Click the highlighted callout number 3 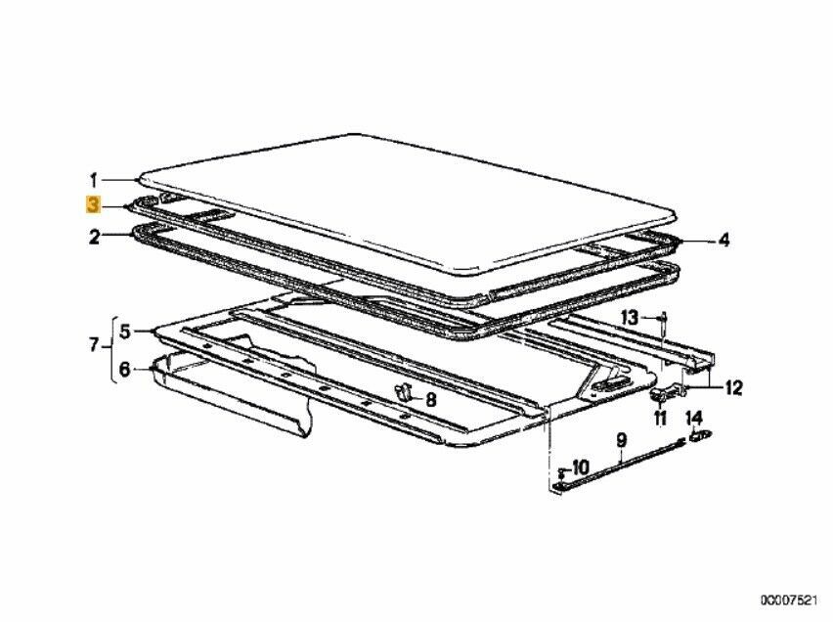click(x=93, y=204)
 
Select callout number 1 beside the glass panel click(x=94, y=181)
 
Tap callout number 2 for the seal click(x=94, y=237)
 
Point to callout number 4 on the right click(x=723, y=241)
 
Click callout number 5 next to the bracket click(x=124, y=332)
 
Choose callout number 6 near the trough click(x=124, y=369)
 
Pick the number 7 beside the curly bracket click(x=94, y=346)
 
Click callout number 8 click(x=431, y=399)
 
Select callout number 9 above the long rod click(x=621, y=440)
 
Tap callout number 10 click(x=580, y=467)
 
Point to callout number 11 click(x=659, y=418)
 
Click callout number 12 click(x=733, y=388)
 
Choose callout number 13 click(x=630, y=318)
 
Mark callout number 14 click(x=694, y=418)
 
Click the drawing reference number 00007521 click(x=787, y=600)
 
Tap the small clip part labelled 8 click(x=403, y=392)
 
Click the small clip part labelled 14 click(x=699, y=436)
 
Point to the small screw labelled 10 click(x=560, y=471)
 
